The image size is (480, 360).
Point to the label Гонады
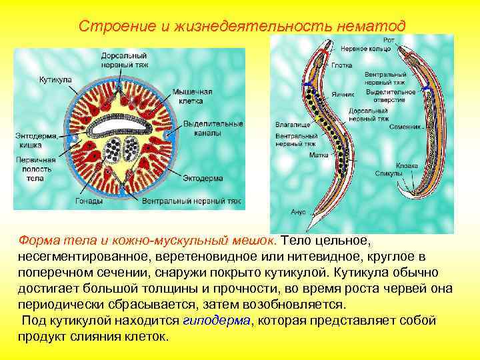click(89, 201)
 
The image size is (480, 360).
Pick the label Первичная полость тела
click(36, 169)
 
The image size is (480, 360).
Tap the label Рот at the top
click(389, 41)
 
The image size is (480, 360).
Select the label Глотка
click(341, 66)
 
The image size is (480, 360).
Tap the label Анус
click(298, 211)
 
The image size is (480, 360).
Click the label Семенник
click(406, 125)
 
